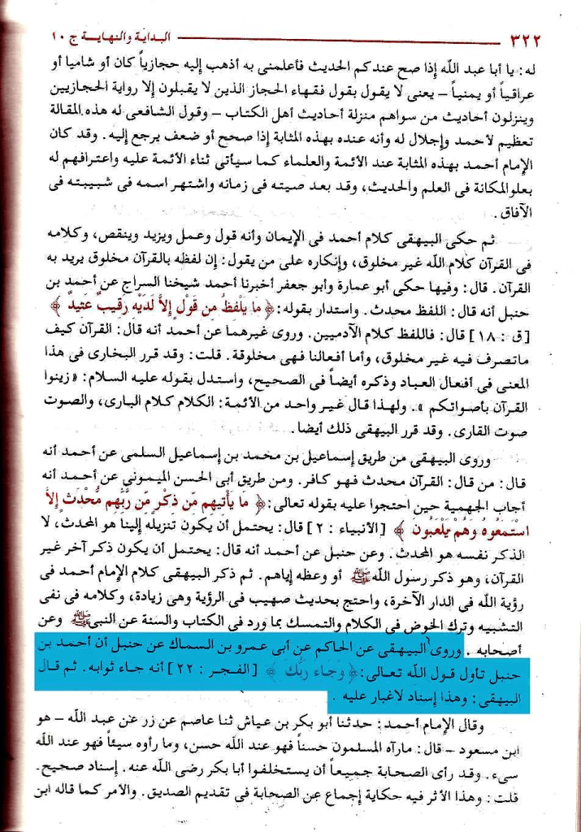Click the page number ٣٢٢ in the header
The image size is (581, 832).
click(x=527, y=37)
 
